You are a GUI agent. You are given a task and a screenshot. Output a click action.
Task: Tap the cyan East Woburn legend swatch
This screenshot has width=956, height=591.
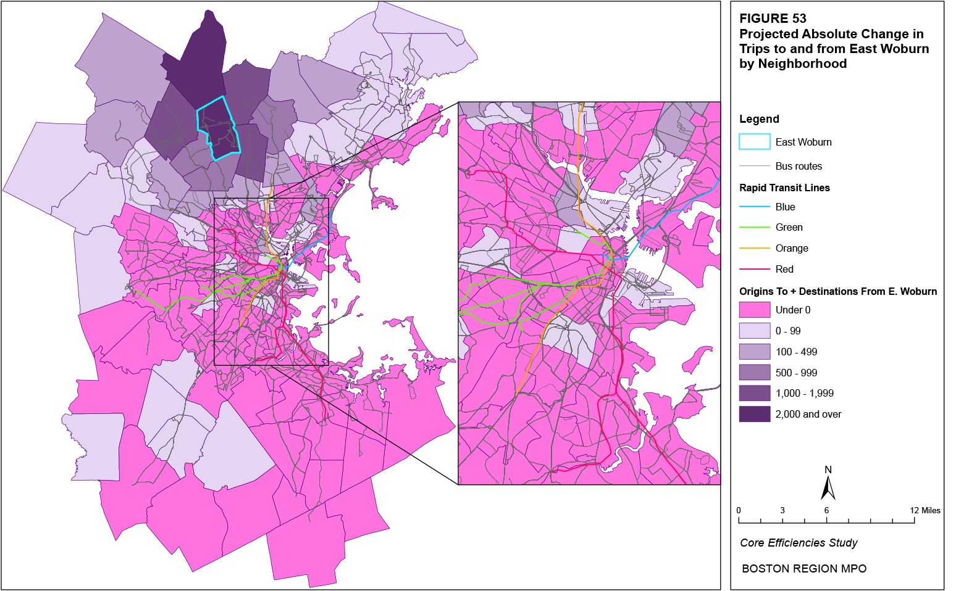click(754, 142)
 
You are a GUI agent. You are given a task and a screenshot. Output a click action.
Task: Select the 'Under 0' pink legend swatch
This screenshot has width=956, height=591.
click(754, 310)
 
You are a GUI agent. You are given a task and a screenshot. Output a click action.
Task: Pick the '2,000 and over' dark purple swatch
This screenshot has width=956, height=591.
click(754, 414)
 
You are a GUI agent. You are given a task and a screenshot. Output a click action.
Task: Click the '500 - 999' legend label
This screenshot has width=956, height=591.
click(796, 373)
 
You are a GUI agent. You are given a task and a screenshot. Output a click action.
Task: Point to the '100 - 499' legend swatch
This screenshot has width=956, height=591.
click(754, 352)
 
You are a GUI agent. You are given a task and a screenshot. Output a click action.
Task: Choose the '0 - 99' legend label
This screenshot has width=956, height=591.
click(787, 331)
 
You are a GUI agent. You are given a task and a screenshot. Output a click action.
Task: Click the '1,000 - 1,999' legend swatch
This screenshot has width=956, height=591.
click(754, 393)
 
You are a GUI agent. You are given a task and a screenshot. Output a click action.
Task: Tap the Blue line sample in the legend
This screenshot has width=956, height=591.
click(754, 207)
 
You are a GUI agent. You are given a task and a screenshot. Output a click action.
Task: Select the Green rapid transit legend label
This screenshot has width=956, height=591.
click(789, 228)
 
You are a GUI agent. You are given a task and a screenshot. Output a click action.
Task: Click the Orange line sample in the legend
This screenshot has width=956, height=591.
click(754, 248)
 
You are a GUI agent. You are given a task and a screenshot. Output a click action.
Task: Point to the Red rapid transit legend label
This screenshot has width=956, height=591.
click(784, 269)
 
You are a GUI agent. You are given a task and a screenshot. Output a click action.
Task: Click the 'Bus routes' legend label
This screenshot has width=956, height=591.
click(799, 166)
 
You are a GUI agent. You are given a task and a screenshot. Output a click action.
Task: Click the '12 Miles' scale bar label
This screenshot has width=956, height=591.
click(925, 510)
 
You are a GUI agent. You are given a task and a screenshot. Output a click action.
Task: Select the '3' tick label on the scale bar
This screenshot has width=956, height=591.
click(782, 510)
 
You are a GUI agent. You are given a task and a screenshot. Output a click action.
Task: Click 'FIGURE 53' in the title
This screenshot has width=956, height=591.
click(773, 19)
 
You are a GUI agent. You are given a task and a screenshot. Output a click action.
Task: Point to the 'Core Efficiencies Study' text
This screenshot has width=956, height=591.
click(799, 543)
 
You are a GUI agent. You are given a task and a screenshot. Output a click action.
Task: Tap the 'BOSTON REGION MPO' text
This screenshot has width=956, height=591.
click(803, 569)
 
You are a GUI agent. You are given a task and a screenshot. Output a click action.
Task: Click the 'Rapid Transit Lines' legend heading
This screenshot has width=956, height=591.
click(784, 188)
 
